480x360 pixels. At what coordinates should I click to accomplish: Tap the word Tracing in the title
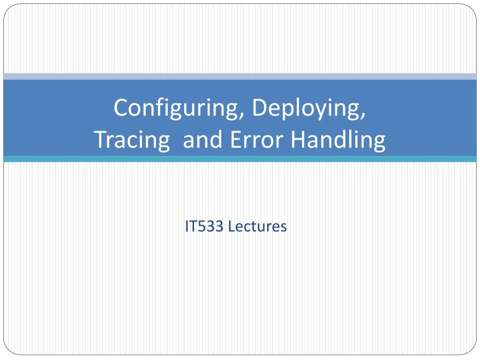(x=132, y=140)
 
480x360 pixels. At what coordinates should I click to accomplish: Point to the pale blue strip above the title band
(x=240, y=76)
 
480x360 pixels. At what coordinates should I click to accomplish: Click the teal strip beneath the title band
(x=240, y=159)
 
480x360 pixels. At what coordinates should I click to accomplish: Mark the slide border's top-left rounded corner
(x=8, y=9)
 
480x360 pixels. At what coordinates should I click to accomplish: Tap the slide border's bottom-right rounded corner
(x=472, y=351)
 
